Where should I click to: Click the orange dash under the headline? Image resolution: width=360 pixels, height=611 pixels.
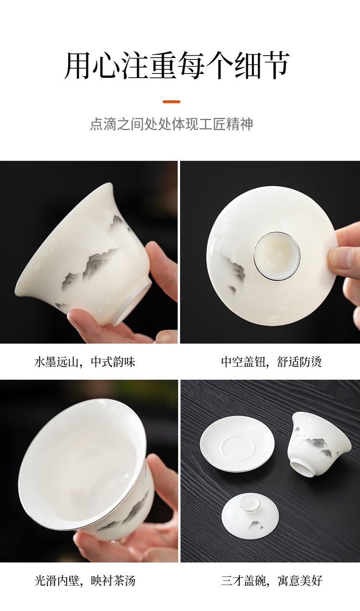(x=171, y=102)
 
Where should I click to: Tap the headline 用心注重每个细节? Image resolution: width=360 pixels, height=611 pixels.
(x=177, y=65)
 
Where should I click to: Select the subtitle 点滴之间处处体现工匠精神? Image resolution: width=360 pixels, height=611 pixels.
(x=171, y=124)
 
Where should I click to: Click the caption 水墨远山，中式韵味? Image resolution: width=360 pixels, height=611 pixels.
(x=85, y=362)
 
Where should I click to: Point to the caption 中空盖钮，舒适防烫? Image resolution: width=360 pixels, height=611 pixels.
(x=272, y=362)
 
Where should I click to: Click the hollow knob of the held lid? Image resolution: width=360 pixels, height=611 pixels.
(x=277, y=256)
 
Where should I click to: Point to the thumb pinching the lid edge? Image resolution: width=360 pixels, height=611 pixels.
(x=344, y=258)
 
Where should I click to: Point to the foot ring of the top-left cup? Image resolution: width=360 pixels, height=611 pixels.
(x=136, y=300)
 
